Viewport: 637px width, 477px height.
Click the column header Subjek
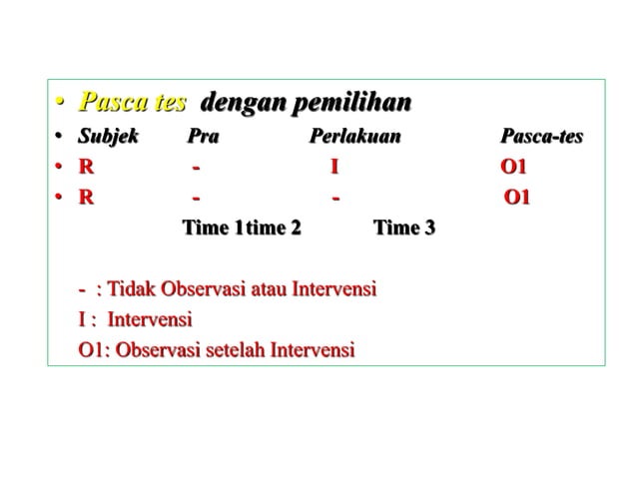pyautogui.click(x=109, y=137)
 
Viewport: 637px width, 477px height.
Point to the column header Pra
pyautogui.click(x=203, y=137)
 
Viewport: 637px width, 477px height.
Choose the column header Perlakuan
pyautogui.click(x=354, y=137)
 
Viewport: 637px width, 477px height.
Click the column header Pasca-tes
pyautogui.click(x=541, y=137)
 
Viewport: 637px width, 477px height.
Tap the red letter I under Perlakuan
pyautogui.click(x=334, y=167)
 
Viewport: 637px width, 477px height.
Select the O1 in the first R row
pyautogui.click(x=513, y=167)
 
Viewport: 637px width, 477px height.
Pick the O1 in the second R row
pyautogui.click(x=517, y=197)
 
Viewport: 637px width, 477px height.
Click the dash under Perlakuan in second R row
pyautogui.click(x=336, y=197)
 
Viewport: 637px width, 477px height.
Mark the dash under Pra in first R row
pyautogui.click(x=197, y=167)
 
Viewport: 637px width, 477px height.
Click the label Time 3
pyautogui.click(x=403, y=229)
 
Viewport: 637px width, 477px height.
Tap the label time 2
pyautogui.click(x=274, y=229)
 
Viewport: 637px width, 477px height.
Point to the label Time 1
pyautogui.click(x=212, y=229)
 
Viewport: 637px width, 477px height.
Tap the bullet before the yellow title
pyautogui.click(x=60, y=104)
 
